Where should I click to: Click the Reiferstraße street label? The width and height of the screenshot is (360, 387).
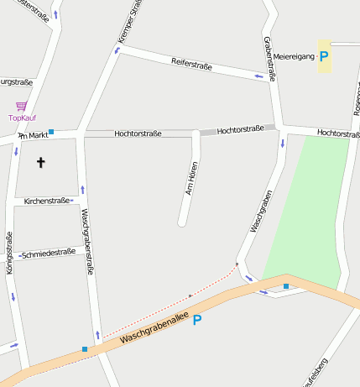pos(191,64)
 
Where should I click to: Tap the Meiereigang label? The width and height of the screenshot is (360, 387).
pos(294,56)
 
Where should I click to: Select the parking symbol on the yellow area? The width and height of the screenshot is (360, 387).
pos(324,55)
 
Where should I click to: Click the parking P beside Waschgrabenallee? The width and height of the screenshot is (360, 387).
pos(197,320)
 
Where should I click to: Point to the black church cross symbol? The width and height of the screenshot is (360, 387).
pos(40,162)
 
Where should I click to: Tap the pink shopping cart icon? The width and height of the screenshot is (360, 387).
pos(21,107)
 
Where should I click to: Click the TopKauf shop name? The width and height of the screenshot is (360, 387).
pos(23,118)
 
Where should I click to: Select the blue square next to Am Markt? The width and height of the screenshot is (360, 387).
pos(51,131)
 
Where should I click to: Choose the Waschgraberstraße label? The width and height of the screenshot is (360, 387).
pos(86,243)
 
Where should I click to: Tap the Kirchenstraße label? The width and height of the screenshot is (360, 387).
pos(46,201)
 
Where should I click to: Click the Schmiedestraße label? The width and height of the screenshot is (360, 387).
pos(48,253)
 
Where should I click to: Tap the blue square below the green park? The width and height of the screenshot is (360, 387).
pos(286,286)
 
